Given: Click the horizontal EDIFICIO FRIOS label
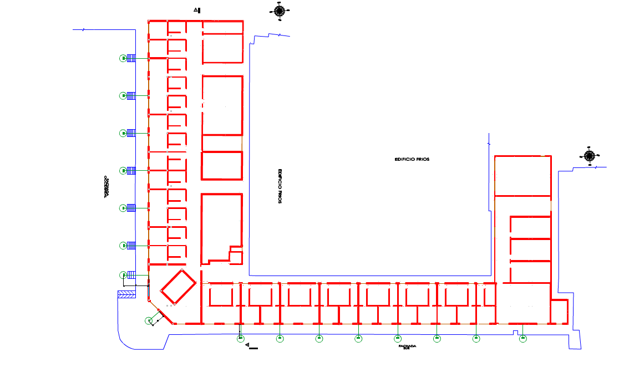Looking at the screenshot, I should [x=412, y=159].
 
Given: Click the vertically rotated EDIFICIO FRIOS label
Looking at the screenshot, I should [x=281, y=186].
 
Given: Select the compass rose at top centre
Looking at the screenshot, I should [x=279, y=10].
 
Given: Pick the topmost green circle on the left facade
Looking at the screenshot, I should [x=123, y=58].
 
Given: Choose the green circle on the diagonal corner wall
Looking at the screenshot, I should [x=148, y=320].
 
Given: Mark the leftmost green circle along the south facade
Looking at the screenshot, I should [x=240, y=338].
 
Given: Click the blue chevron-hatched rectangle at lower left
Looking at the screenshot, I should [x=126, y=294].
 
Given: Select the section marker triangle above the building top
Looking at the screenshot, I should [x=196, y=10].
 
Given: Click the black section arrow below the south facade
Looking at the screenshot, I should [x=250, y=348].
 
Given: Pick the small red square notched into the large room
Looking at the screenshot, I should [x=236, y=257].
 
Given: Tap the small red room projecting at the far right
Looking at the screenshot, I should [x=559, y=312].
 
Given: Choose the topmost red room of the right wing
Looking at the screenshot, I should [x=522, y=176].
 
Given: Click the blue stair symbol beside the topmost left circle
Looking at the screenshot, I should [x=131, y=58].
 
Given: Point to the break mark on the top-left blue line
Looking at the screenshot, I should [x=83, y=29].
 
